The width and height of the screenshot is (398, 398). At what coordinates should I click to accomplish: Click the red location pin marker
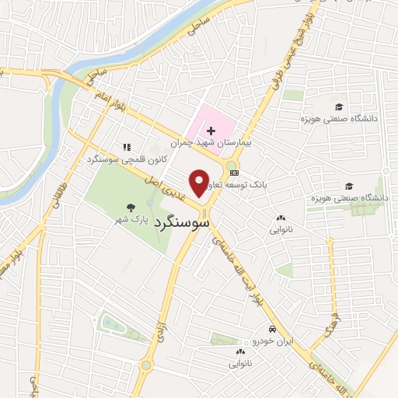pyautogui.click(x=201, y=183)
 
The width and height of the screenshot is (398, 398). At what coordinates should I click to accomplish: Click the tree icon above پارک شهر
pyautogui.click(x=131, y=208)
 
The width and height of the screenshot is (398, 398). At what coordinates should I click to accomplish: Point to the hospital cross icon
pyautogui.click(x=211, y=131)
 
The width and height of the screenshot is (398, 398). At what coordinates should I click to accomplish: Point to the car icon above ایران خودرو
pyautogui.click(x=272, y=329)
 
